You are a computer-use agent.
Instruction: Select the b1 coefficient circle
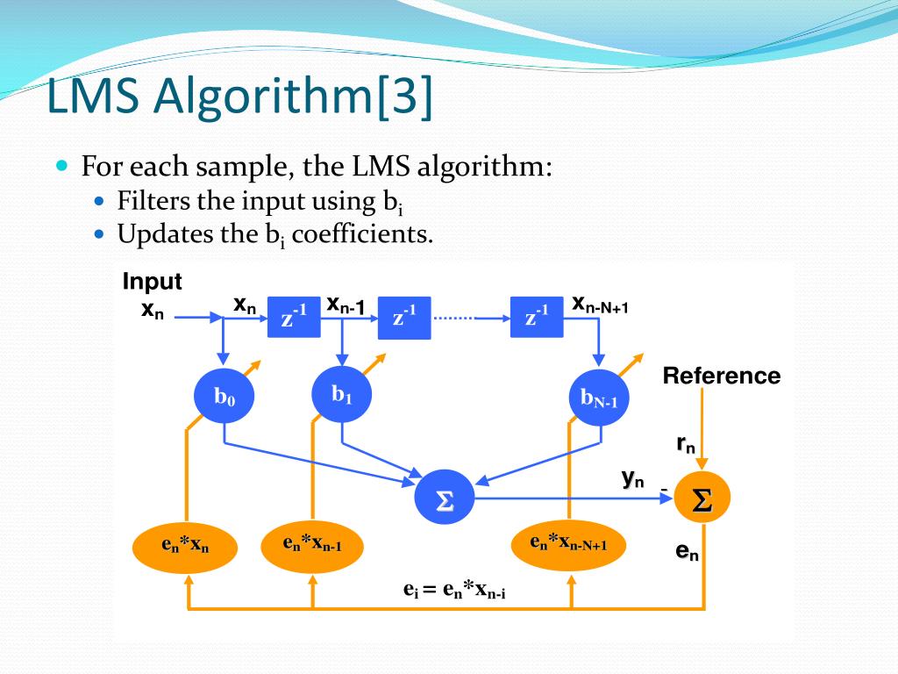coord(342,394)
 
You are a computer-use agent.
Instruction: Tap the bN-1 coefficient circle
coord(599,398)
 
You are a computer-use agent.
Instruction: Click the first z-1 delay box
coord(294,317)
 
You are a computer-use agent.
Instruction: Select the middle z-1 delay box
coord(404,317)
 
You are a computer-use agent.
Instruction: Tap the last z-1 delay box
coord(537,317)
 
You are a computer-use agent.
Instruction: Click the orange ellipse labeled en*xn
coord(185,545)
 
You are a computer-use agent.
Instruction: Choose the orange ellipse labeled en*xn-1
coord(312,544)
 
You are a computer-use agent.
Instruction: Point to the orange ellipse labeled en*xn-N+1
coord(569,544)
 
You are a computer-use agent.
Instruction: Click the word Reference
coord(721,376)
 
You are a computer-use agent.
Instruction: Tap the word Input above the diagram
coord(152,282)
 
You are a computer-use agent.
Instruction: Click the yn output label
coord(632,478)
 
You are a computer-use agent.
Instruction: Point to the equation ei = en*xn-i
coord(454,589)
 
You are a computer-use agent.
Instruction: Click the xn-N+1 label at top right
coord(600,305)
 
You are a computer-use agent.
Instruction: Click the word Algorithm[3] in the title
coord(293,97)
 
